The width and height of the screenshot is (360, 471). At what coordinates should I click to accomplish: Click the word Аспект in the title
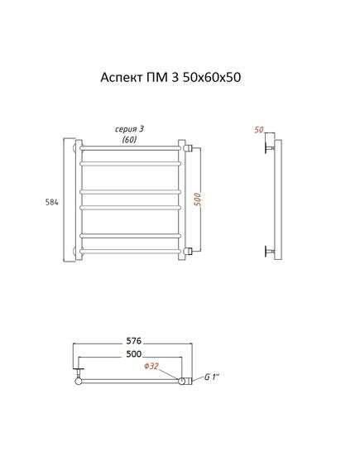click(122, 78)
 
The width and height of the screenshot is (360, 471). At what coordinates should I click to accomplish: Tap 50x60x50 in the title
click(212, 77)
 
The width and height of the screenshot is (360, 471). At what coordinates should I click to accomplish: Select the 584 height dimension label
click(51, 203)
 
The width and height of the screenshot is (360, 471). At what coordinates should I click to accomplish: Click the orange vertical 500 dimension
click(198, 199)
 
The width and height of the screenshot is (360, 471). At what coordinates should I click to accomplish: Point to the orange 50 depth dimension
click(259, 130)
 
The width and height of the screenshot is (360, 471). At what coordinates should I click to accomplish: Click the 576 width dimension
click(133, 341)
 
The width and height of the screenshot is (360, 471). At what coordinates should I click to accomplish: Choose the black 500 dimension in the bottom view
click(133, 353)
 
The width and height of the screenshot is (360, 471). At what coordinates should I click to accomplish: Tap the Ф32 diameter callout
click(151, 366)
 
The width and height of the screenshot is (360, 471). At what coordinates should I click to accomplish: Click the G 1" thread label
click(212, 377)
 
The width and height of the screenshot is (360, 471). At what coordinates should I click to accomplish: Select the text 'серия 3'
click(129, 129)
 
